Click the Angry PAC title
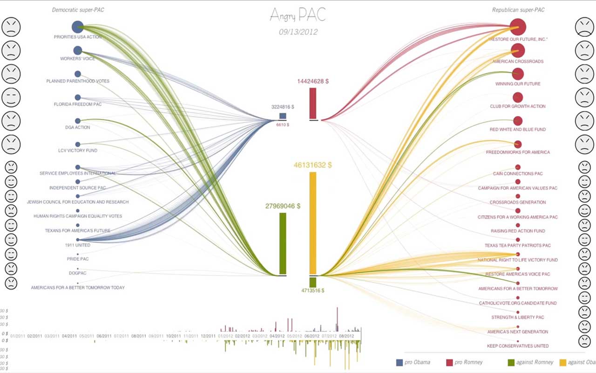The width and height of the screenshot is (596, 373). (x=298, y=15)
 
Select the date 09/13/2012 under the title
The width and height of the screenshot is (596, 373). (x=298, y=32)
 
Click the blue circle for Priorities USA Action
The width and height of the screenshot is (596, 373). (x=78, y=27)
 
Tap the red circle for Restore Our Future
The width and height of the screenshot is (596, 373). (x=517, y=27)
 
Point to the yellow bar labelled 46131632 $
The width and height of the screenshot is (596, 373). (x=313, y=223)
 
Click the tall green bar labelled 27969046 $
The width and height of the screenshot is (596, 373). (x=283, y=243)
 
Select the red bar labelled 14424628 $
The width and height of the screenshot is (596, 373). (x=313, y=104)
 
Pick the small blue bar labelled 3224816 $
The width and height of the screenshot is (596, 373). (x=283, y=116)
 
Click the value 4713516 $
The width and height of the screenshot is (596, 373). (x=313, y=290)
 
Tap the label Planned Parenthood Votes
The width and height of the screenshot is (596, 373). (x=78, y=81)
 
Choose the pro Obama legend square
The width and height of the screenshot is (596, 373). (x=399, y=362)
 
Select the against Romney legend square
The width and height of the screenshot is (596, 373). (x=510, y=362)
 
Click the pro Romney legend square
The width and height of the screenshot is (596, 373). (x=449, y=362)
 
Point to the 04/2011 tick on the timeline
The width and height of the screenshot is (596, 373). (x=69, y=336)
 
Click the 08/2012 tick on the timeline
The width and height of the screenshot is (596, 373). (x=346, y=336)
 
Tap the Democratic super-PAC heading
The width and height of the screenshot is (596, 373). (x=78, y=10)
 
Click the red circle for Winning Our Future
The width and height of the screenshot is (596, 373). (x=517, y=74)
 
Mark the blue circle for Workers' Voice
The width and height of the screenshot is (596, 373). (x=78, y=50)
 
